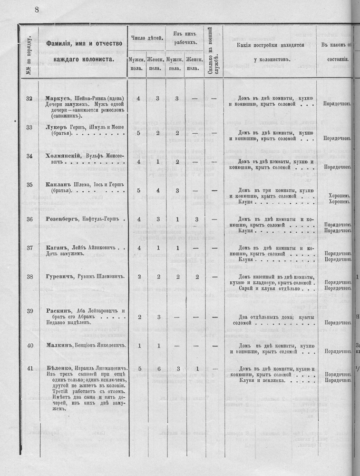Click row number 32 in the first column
[x=29, y=99]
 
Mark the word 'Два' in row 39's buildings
[x=244, y=317]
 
